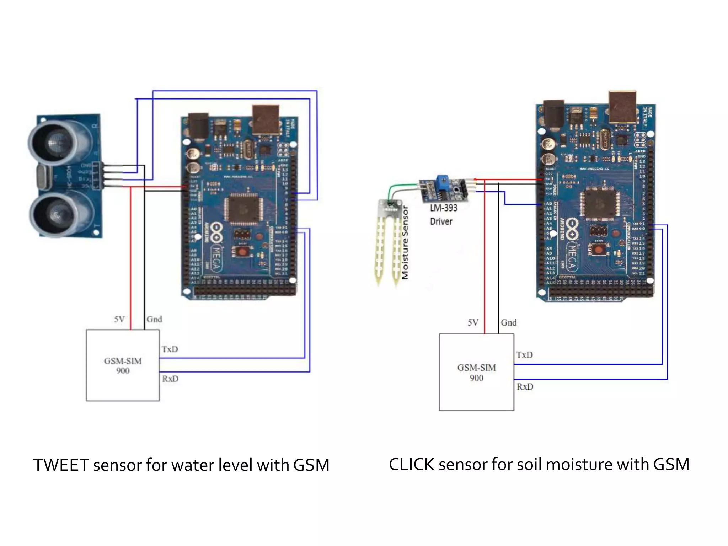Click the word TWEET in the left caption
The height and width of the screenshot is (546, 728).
pyautogui.click(x=61, y=465)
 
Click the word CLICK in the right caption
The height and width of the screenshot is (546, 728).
pyautogui.click(x=411, y=464)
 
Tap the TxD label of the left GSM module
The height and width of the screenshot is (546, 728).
pyautogui.click(x=170, y=349)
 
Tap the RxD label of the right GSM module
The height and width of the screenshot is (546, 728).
pyautogui.click(x=525, y=386)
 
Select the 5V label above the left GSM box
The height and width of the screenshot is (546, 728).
pyautogui.click(x=119, y=319)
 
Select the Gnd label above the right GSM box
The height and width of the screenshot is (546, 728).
pyautogui.click(x=508, y=322)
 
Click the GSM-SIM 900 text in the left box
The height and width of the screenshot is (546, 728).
pyautogui.click(x=123, y=365)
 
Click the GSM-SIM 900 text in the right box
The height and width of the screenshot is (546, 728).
pyautogui.click(x=476, y=372)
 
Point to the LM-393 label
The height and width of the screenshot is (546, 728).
pyautogui.click(x=444, y=208)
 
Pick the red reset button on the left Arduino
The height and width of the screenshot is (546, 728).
pyautogui.click(x=242, y=252)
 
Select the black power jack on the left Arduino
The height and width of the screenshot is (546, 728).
pyautogui.click(x=198, y=126)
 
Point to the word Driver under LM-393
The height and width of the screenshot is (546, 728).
pyautogui.click(x=441, y=221)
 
